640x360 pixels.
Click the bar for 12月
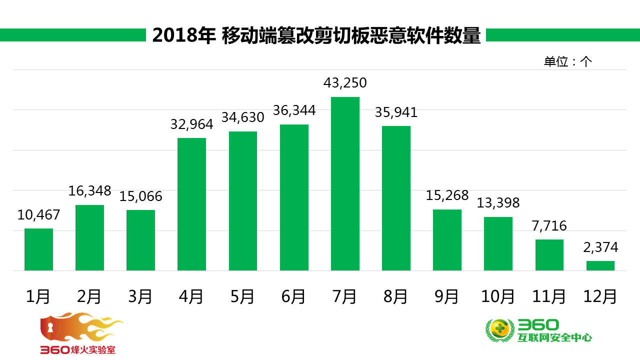[x=600, y=265]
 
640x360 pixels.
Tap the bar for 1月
[x=38, y=249]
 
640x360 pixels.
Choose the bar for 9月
[x=447, y=240]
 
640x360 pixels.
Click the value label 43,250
[x=345, y=83]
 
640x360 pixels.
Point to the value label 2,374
[x=600, y=247]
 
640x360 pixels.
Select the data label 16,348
[x=90, y=191]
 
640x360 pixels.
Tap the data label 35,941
[x=396, y=112]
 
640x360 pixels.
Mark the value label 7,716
[x=549, y=225]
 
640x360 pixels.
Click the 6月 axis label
[x=293, y=297]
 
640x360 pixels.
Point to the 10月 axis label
[x=498, y=297]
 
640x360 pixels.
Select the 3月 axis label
[x=140, y=297]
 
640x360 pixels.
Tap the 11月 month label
[x=549, y=297]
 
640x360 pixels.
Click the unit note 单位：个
[x=567, y=61]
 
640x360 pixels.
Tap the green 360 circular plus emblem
[x=500, y=330]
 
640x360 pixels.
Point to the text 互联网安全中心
[x=555, y=338]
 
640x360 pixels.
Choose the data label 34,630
[x=243, y=117]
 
